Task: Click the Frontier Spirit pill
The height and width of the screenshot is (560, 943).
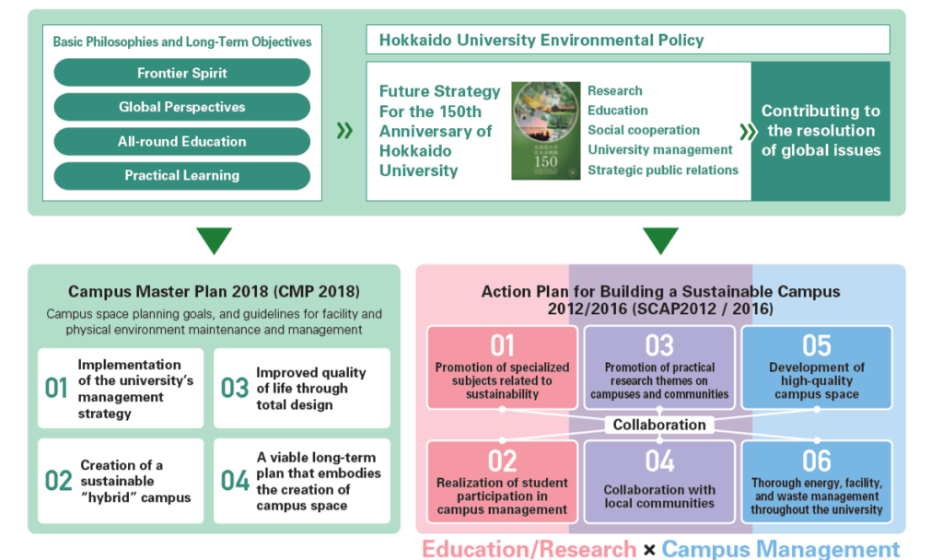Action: (182, 73)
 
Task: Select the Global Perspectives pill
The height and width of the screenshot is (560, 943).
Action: (182, 107)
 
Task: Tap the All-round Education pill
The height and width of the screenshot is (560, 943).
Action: (182, 141)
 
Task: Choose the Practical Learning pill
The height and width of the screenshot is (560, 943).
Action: (182, 176)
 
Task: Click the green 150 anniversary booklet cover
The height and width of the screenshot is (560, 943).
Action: (545, 131)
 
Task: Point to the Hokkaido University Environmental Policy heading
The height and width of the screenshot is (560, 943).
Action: (541, 41)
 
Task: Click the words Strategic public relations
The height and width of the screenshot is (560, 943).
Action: (663, 170)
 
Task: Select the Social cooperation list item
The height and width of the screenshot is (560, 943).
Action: (644, 130)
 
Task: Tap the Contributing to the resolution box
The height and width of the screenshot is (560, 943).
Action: (821, 131)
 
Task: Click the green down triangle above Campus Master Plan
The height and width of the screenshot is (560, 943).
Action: (214, 239)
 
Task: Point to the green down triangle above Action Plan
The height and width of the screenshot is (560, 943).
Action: (660, 239)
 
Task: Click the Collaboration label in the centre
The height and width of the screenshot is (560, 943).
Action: (659, 425)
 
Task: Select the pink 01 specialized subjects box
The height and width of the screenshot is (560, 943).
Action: (502, 367)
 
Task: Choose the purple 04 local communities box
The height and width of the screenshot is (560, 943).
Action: (659, 482)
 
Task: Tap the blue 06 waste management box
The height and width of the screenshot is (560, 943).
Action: (817, 482)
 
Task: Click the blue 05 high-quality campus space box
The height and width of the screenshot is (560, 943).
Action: (817, 367)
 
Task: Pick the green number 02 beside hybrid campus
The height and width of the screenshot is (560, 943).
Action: (58, 481)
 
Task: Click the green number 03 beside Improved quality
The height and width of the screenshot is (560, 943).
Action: (235, 389)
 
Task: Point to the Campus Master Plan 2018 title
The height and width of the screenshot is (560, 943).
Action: (214, 292)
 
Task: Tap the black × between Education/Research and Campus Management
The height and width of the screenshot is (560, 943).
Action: (649, 550)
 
